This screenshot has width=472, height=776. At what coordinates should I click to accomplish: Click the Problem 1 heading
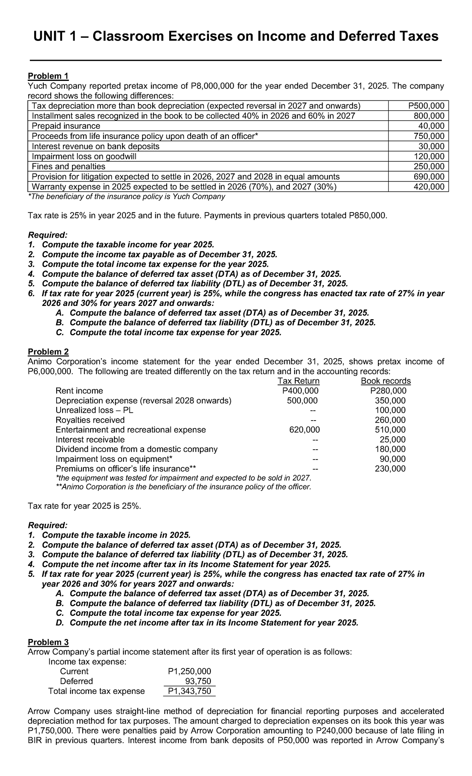tap(48, 76)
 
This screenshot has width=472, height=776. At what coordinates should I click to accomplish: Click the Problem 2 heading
tap(48, 351)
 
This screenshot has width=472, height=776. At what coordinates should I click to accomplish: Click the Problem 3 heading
tap(48, 642)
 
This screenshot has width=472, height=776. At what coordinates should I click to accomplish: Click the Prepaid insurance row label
tap(66, 126)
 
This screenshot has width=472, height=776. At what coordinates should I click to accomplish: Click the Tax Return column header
tap(299, 381)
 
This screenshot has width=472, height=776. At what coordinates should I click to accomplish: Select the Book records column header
tap(386, 381)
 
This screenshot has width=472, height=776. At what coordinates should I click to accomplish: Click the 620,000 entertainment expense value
tap(304, 430)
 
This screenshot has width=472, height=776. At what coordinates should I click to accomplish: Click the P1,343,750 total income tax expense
tap(189, 691)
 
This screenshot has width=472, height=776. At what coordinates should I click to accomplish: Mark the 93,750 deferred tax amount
tap(198, 681)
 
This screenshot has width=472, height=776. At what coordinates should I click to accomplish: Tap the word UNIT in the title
tap(50, 37)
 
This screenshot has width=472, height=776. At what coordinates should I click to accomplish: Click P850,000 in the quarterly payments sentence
tap(367, 216)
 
